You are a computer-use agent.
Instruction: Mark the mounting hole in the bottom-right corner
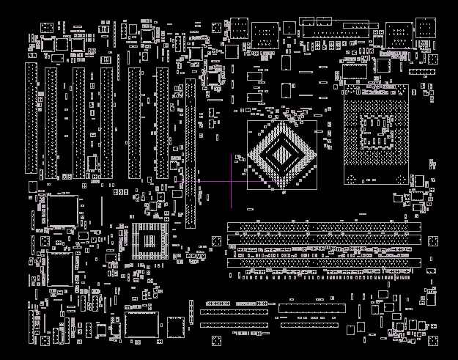pos(432,339)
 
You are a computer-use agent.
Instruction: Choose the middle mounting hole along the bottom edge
pos(216,340)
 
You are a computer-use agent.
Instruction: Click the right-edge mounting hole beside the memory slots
pos(432,241)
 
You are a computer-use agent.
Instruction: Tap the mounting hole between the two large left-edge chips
pos(45,240)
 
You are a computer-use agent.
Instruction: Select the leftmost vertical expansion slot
pos(32,117)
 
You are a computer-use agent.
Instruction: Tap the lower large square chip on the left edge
pos(59,270)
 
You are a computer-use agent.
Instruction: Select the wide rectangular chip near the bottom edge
pos(141,325)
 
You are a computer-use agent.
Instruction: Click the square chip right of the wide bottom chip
pos(176,326)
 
